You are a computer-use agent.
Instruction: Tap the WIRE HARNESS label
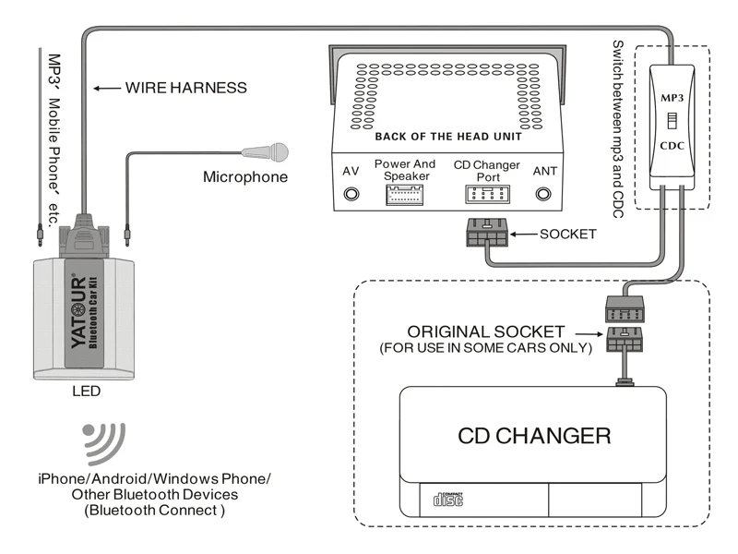coord(186,89)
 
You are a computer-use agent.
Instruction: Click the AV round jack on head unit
coord(351,194)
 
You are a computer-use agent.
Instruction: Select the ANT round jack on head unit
coord(544,194)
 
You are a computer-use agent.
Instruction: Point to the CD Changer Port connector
coord(486,194)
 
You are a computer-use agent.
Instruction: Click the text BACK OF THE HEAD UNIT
coord(447,137)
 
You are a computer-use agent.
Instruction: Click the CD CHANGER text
coord(534,435)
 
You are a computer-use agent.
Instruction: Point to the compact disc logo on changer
coord(447,500)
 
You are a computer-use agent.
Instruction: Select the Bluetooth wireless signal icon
coord(104,442)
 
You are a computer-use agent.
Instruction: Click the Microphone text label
coord(245,176)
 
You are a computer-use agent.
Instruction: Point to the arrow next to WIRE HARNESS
coord(109,89)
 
